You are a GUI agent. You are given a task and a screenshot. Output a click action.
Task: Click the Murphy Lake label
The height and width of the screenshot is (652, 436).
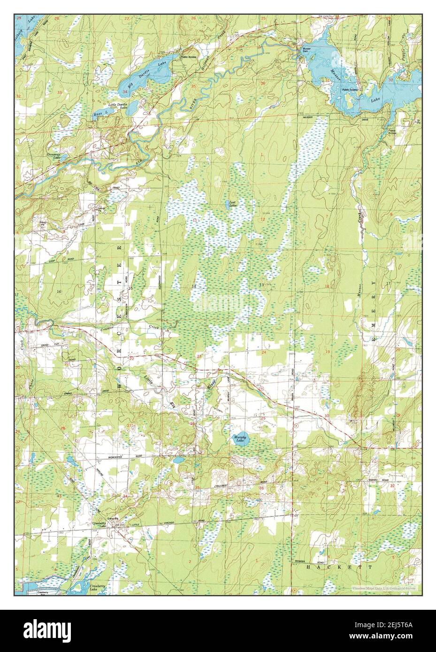coord(239,440)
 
